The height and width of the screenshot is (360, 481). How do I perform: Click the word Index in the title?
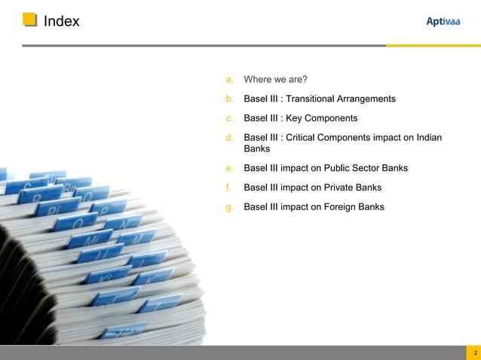tap(61, 21)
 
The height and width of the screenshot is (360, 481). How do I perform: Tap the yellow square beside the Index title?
tap(29, 20)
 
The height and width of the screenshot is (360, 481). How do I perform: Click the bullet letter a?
tap(228, 79)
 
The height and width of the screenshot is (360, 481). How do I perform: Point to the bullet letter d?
tap(228, 138)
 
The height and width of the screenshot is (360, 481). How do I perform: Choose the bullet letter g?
tap(228, 206)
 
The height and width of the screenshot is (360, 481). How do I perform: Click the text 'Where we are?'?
tap(275, 79)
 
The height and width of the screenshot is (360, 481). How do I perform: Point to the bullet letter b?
tap(228, 99)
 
